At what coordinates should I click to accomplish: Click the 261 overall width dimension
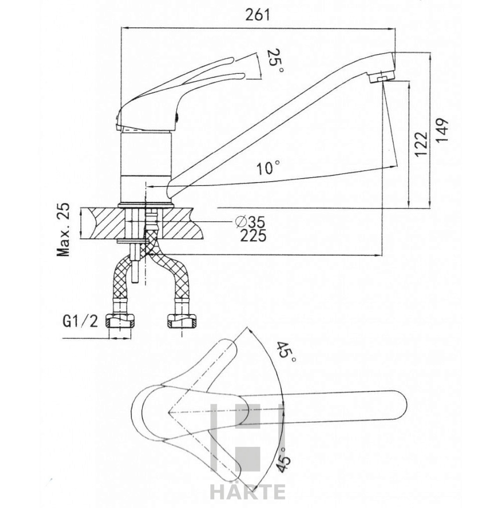[x=258, y=15]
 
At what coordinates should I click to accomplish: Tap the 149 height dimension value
[x=442, y=130]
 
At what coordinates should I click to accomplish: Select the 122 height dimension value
[x=421, y=144]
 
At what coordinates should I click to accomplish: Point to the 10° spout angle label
[x=268, y=169]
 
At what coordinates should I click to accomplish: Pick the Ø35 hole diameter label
[x=250, y=221]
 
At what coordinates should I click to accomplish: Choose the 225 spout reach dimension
[x=253, y=236]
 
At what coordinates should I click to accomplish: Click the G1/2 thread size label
[x=81, y=321]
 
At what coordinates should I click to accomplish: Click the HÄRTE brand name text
[x=248, y=492]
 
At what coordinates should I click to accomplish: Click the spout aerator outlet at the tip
[x=382, y=78]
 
